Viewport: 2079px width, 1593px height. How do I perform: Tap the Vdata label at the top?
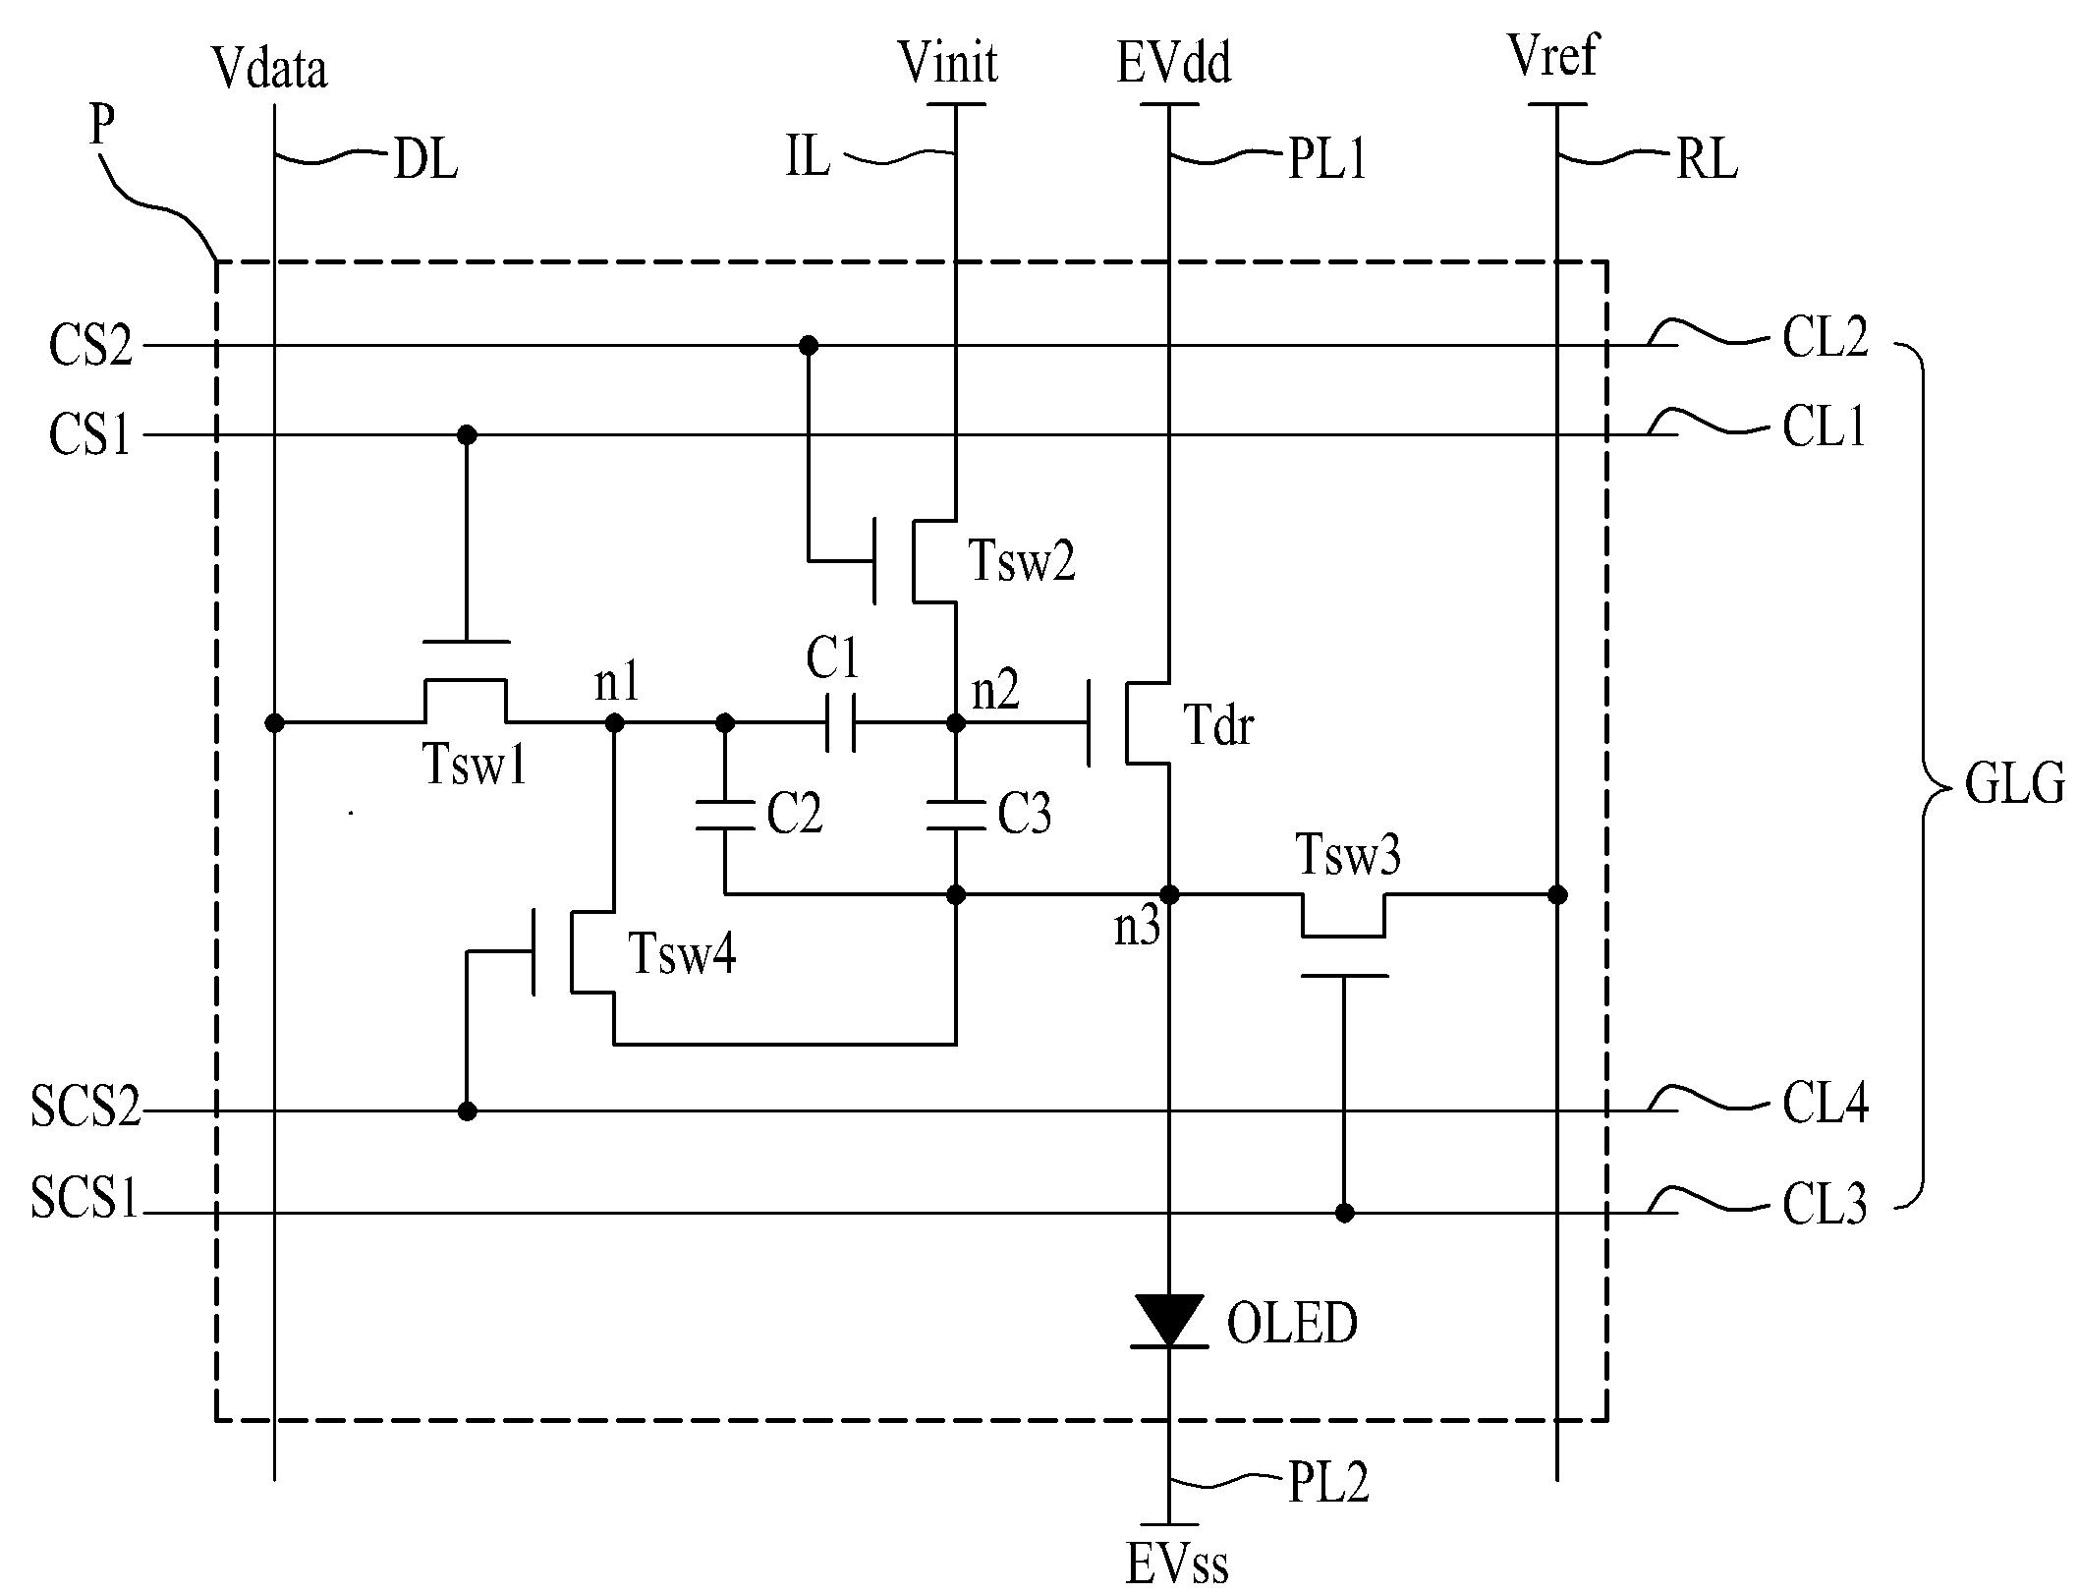click(x=269, y=69)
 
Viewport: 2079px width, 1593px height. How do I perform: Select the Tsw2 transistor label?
click(x=1022, y=561)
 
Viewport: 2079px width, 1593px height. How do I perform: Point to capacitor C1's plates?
click(x=841, y=723)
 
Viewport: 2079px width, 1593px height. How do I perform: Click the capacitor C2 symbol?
click(x=725, y=816)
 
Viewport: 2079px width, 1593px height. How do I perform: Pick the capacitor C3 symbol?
click(x=956, y=816)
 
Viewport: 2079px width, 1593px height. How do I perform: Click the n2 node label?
click(x=995, y=691)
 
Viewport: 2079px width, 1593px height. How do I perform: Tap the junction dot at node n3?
click(x=1169, y=894)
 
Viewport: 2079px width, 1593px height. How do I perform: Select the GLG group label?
click(x=2014, y=786)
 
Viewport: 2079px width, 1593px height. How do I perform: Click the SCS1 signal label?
click(x=84, y=1198)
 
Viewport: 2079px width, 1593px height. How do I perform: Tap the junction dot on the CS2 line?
click(x=808, y=345)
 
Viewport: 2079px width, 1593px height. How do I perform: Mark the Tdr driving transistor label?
click(x=1218, y=726)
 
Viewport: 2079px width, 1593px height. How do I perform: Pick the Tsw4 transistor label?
click(x=682, y=952)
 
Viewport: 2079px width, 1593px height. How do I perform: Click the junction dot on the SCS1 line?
click(x=1345, y=1213)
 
